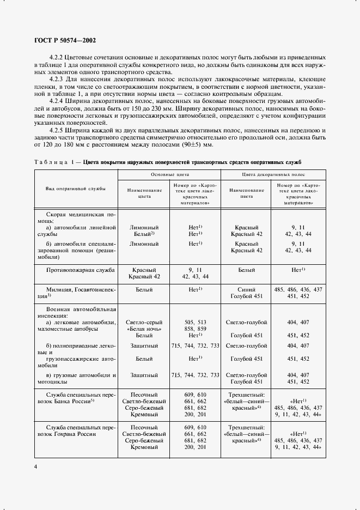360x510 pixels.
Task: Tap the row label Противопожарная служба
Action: pyautogui.click(x=76, y=269)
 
